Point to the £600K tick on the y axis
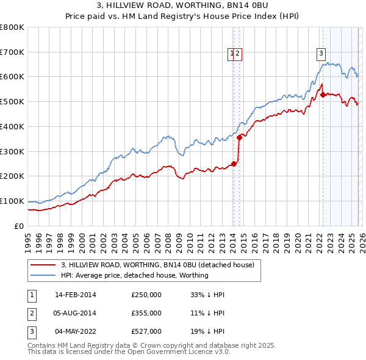pyautogui.click(x=12, y=77)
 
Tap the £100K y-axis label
pyautogui.click(x=12, y=201)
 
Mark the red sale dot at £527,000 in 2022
pyautogui.click(x=323, y=95)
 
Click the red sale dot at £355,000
pyautogui.click(x=240, y=137)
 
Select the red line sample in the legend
pyautogui.click(x=42, y=265)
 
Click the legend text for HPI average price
pyautogui.click(x=134, y=275)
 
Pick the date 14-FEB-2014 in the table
pyautogui.click(x=75, y=295)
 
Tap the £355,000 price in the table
pyautogui.click(x=146, y=313)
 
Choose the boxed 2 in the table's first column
pyautogui.click(x=31, y=313)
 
